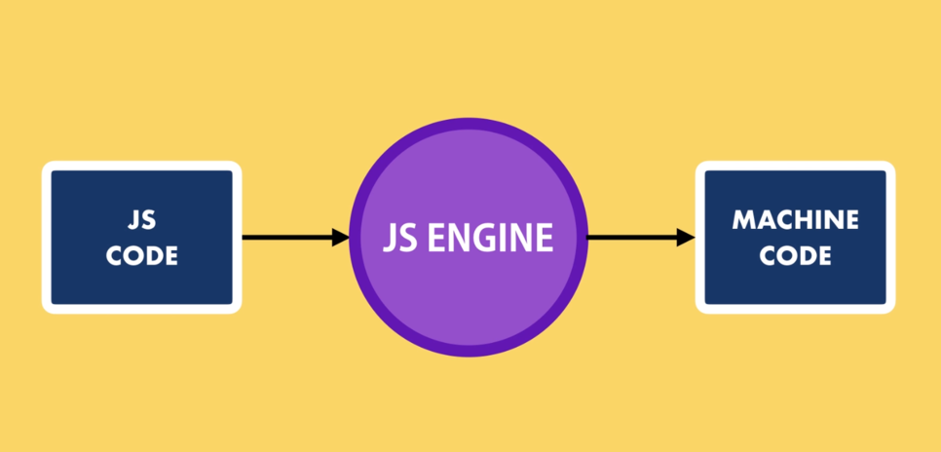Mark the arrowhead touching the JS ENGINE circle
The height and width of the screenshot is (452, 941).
point(340,237)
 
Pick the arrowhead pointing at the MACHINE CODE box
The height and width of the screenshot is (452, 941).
point(685,237)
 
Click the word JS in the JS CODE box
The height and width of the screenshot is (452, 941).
point(142,220)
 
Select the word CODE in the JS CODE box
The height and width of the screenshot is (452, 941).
point(142,256)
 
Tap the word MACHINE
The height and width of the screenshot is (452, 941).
point(795,220)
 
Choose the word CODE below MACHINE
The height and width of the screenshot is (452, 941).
point(795,256)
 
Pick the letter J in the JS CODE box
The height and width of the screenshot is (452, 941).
point(132,220)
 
